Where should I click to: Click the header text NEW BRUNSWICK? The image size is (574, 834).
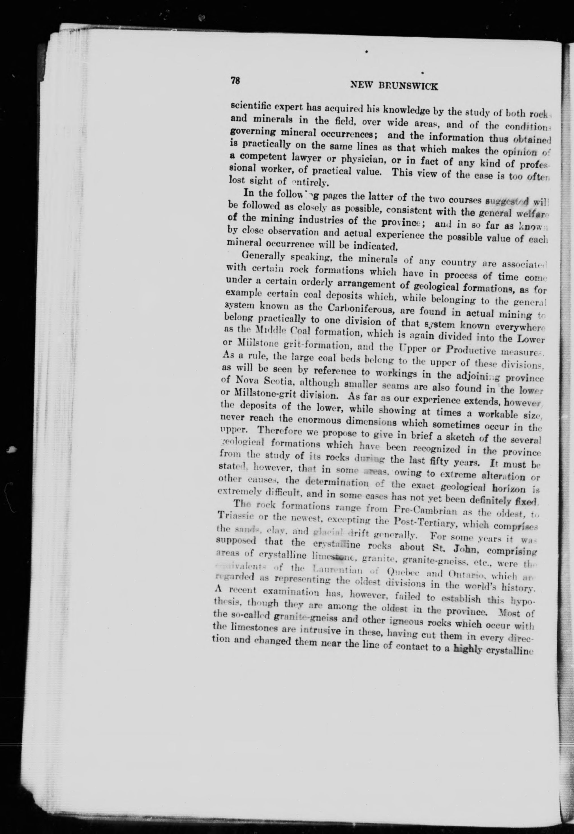coord(394,86)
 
